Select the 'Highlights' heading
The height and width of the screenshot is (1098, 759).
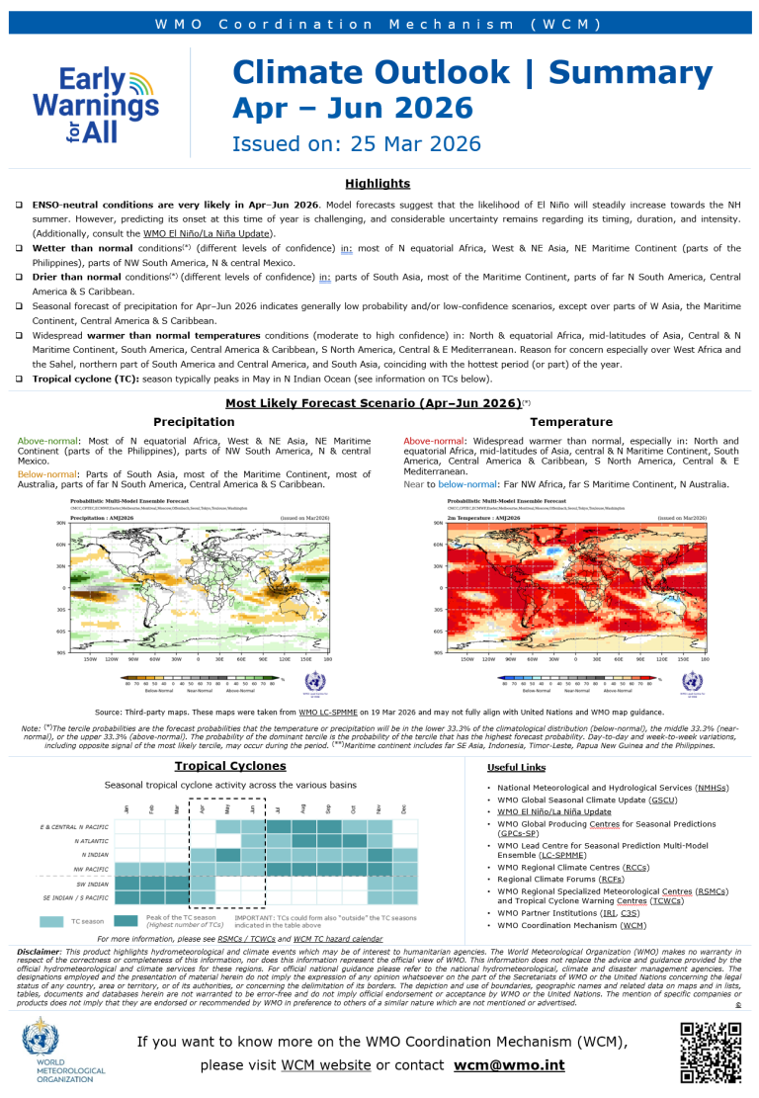[378, 183]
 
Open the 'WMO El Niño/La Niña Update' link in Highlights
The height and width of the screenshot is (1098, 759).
[209, 233]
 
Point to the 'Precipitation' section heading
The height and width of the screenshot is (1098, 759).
[193, 422]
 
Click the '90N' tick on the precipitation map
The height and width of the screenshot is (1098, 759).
[61, 523]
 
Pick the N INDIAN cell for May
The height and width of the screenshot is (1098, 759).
[228, 855]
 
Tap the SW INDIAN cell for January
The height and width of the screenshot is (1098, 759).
[127, 884]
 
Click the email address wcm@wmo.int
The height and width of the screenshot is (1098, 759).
[508, 1066]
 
